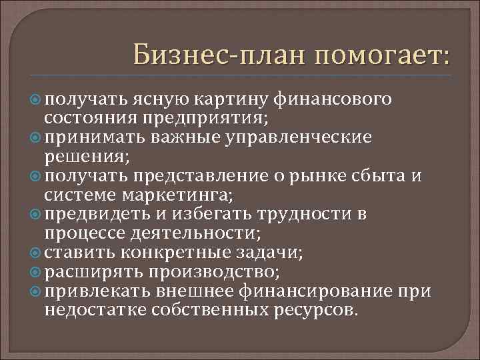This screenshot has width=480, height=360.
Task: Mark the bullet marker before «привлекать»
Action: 37,291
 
